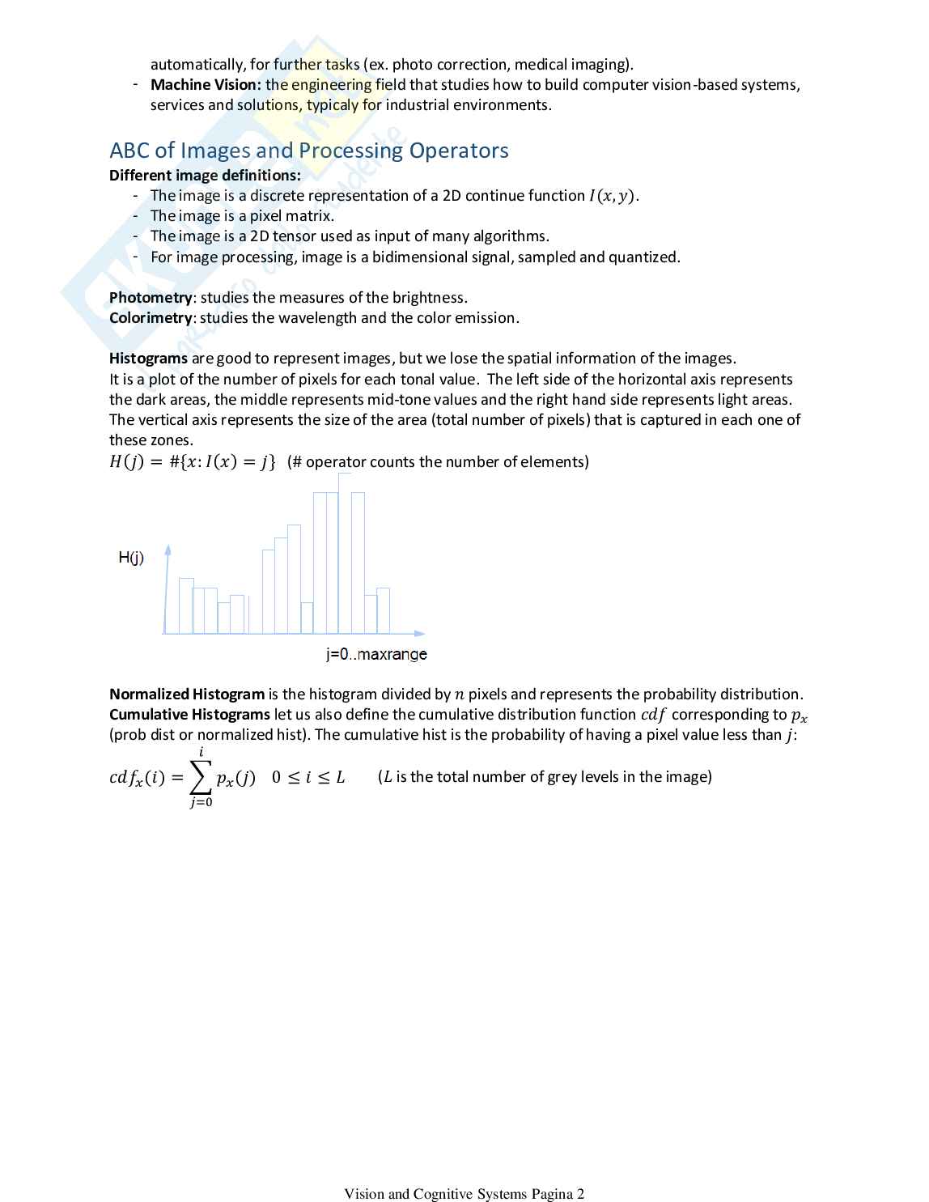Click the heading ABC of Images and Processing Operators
tap(309, 151)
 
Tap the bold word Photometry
tap(151, 298)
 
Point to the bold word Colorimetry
tap(151, 318)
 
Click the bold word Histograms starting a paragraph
tap(148, 359)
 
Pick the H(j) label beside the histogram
tap(131, 558)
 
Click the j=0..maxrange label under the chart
tap(376, 654)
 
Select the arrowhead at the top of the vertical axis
tap(168, 550)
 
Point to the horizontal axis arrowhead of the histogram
tap(419, 633)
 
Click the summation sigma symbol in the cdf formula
tap(201, 778)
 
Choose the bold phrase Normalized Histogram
tap(187, 694)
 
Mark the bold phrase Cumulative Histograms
tap(189, 715)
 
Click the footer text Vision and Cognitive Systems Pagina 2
tap(464, 1194)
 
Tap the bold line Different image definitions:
tap(205, 176)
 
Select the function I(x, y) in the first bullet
tap(613, 196)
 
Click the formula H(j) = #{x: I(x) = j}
tap(193, 462)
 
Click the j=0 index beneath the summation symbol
tap(201, 803)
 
